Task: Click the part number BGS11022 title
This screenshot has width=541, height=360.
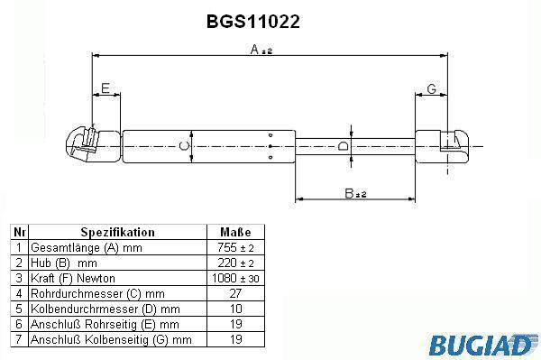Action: pyautogui.click(x=252, y=22)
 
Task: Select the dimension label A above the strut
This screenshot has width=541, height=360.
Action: pyautogui.click(x=261, y=50)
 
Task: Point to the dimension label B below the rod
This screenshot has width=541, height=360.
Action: pyautogui.click(x=355, y=194)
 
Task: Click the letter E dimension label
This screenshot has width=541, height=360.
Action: pyautogui.click(x=105, y=88)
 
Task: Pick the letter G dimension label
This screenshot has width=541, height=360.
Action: pyautogui.click(x=432, y=88)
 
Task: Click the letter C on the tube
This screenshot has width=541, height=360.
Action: pyautogui.click(x=185, y=146)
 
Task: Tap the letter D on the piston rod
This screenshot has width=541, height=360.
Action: pyautogui.click(x=343, y=146)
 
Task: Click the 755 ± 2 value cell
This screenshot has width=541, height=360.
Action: pyautogui.click(x=235, y=247)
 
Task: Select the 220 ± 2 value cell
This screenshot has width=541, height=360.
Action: pyautogui.click(x=235, y=263)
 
